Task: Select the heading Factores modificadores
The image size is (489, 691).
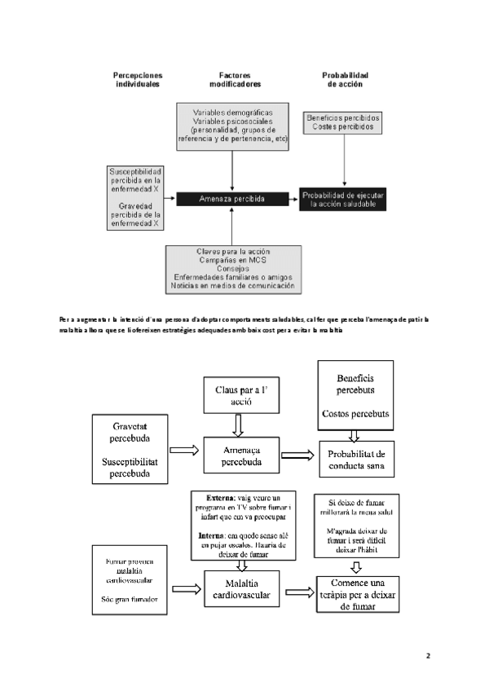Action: click(236, 80)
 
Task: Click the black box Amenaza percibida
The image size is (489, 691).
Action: click(232, 198)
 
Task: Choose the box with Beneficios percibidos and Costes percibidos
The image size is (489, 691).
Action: click(341, 123)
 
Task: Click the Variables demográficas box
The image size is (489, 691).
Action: click(233, 125)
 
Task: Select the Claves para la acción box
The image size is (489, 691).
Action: click(233, 268)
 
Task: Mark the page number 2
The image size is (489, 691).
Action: click(428, 654)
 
